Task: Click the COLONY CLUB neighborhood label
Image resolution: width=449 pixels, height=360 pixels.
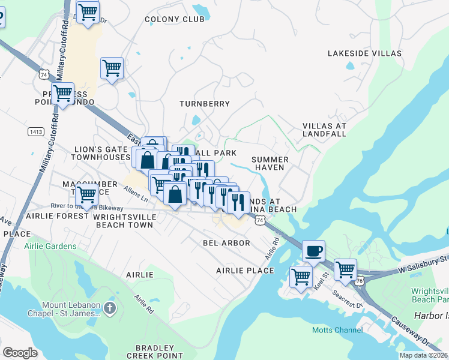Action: (175, 19)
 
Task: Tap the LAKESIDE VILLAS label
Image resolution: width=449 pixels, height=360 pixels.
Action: (364, 53)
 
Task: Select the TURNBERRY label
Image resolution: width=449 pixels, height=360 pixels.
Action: (205, 104)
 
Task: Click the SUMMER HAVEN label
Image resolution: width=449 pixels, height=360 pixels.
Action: (270, 163)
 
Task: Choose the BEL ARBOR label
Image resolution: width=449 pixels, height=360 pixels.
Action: (226, 243)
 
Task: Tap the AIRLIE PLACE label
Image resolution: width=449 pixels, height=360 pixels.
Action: (245, 271)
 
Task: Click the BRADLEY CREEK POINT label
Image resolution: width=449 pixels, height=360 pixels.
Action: (154, 352)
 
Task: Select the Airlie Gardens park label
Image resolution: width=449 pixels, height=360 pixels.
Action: (50, 246)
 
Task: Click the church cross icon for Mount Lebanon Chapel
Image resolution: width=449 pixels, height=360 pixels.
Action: (109, 308)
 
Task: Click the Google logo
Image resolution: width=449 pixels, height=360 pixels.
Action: (20, 352)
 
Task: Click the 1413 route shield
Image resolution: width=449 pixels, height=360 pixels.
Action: (35, 131)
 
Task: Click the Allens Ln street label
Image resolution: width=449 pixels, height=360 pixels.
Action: (136, 193)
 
